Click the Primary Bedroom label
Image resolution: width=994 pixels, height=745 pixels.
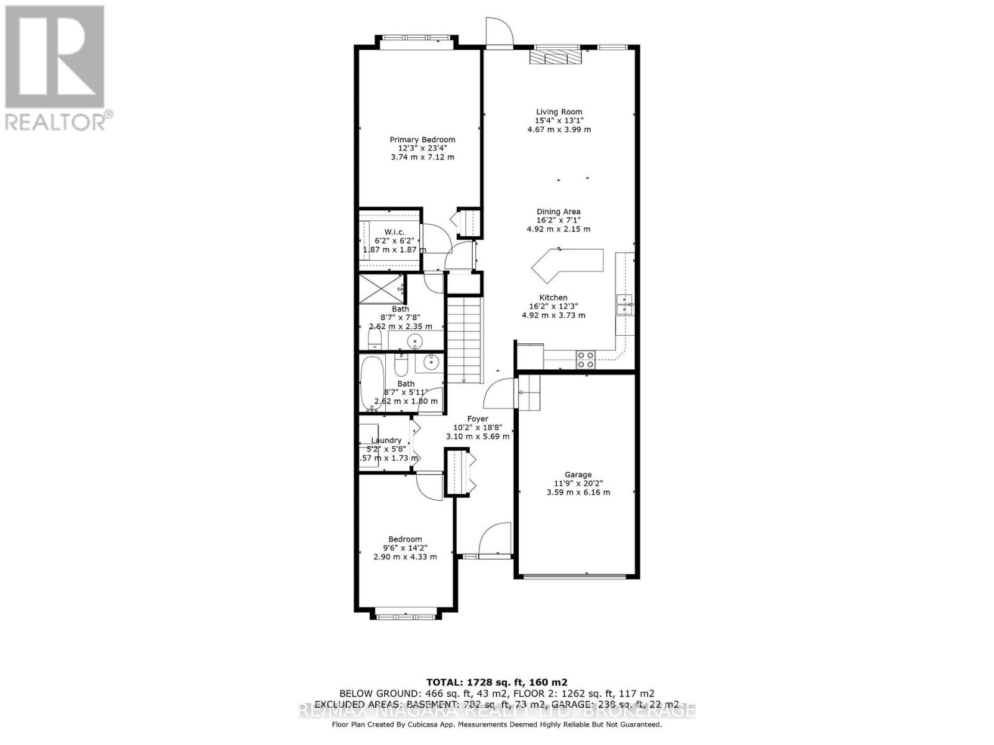click(422, 140)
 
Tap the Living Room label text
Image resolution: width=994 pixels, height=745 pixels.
click(559, 112)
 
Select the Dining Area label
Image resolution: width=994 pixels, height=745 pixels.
click(559, 212)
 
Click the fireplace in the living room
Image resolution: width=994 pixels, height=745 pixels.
click(556, 57)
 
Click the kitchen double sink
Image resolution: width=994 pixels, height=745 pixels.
click(623, 305)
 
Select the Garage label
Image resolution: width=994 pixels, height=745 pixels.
click(578, 474)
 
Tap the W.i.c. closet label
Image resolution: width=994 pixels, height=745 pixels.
click(394, 232)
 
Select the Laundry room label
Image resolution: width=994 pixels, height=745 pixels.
click(386, 440)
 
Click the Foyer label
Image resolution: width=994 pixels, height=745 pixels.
click(478, 419)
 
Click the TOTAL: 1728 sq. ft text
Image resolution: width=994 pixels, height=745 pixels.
click(496, 682)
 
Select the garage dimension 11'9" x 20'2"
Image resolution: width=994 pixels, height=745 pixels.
click(578, 483)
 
